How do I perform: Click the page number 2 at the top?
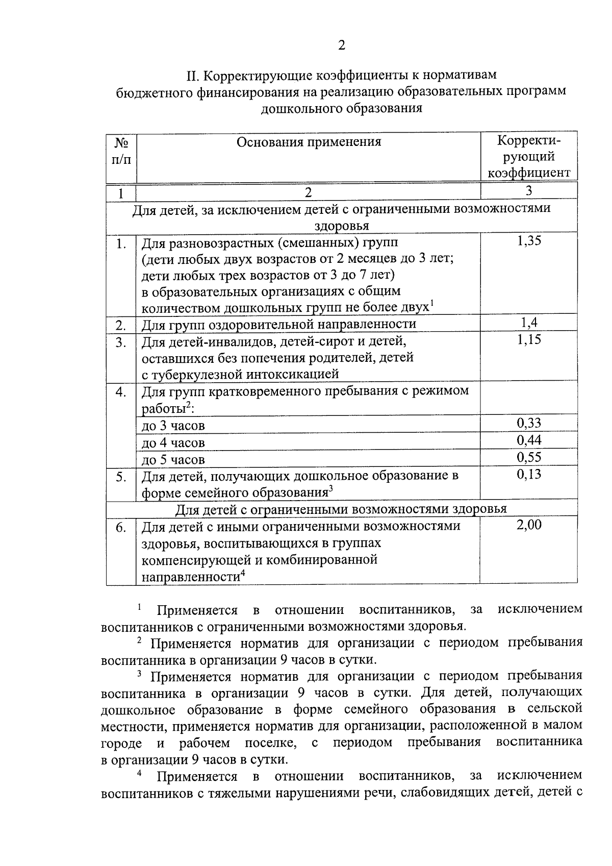(341, 46)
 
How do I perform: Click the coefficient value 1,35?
(528, 241)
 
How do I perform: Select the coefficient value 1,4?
(528, 322)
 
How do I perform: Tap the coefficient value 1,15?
(528, 339)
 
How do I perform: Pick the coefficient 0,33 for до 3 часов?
(528, 423)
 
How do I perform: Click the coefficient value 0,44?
(528, 440)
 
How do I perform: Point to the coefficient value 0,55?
(528, 457)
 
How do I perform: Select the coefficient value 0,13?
(528, 474)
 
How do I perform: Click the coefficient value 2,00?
(528, 525)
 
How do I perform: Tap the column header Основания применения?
(309, 142)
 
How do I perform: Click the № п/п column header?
(121, 151)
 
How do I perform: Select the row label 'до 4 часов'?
(173, 442)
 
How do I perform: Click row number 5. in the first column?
(121, 477)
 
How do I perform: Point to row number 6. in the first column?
(121, 528)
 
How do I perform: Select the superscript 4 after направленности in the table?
(243, 573)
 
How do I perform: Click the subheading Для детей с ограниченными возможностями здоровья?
(341, 509)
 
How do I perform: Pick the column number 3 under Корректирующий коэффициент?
(529, 190)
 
